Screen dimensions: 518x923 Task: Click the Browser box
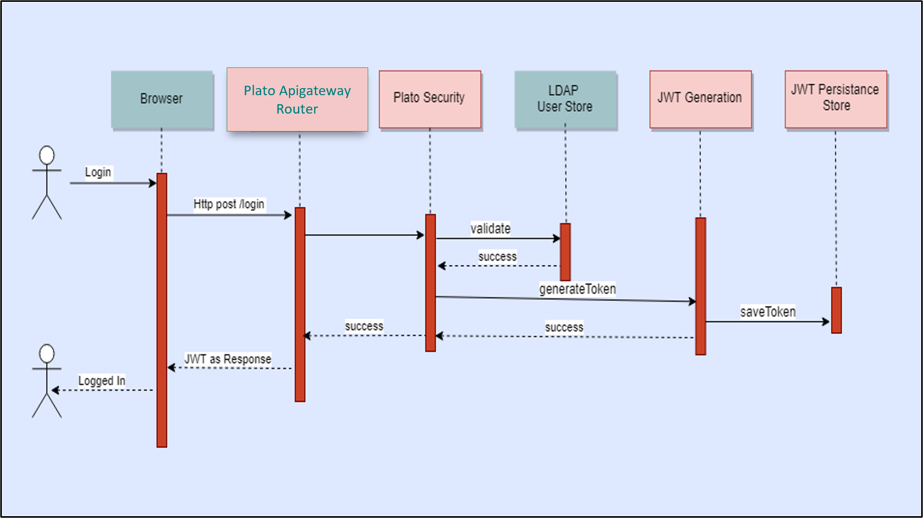[162, 99]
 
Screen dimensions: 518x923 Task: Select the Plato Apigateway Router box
[297, 99]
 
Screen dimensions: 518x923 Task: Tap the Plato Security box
[429, 99]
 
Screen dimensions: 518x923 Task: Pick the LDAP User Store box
[565, 99]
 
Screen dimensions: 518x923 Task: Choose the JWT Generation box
[700, 99]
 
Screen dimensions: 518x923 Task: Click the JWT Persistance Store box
[835, 98]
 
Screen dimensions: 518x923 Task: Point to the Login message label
[98, 172]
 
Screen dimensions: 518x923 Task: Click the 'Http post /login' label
[229, 204]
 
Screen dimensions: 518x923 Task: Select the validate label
[490, 229]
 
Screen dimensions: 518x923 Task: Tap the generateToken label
[577, 289]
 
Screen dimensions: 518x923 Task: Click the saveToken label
[767, 312]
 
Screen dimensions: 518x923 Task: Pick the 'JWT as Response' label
[228, 359]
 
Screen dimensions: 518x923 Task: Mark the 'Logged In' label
[102, 381]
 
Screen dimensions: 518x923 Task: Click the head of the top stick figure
[47, 155]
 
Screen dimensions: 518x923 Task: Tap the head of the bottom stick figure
[47, 354]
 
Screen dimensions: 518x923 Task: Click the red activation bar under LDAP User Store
[565, 252]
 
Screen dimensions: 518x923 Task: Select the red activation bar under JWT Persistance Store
[836, 310]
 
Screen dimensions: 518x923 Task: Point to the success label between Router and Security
[364, 326]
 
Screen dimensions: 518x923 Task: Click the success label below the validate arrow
[497, 257]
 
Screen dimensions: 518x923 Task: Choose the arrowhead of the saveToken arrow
[826, 321]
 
